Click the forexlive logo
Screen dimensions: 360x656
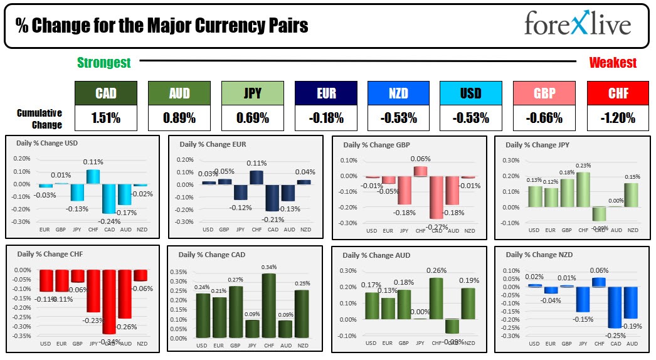(x=577, y=26)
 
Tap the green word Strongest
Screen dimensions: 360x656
(x=103, y=63)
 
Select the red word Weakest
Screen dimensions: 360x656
(x=612, y=63)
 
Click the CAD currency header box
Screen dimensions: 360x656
(x=105, y=93)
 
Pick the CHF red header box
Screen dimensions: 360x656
(x=617, y=93)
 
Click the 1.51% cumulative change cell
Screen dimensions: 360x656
(x=105, y=117)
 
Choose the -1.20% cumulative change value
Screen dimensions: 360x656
(x=617, y=117)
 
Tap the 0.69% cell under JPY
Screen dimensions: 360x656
(x=251, y=117)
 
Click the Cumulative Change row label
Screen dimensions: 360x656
(x=39, y=119)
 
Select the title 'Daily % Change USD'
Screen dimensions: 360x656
(x=46, y=142)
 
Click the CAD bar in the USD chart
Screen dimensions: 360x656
(x=109, y=198)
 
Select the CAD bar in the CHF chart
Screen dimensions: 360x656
(x=109, y=301)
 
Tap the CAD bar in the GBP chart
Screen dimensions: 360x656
(x=436, y=197)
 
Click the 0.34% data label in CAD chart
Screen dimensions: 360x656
(x=268, y=267)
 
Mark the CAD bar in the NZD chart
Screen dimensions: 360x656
(x=615, y=307)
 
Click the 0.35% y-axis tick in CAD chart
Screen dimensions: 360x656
(x=178, y=273)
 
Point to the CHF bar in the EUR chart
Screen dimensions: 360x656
(x=257, y=177)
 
